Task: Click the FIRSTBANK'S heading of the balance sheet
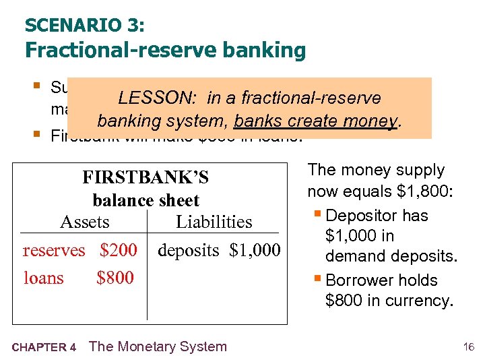pos(145,178)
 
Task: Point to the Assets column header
pos(85,222)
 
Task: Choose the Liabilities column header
pos(214,222)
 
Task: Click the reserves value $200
pos(118,251)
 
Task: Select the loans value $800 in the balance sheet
pos(115,278)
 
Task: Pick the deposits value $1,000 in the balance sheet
pos(255,251)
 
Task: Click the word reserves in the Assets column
pos(54,251)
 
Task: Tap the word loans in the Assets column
pos(44,278)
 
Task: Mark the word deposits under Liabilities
pos(189,251)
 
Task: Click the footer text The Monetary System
pos(158,346)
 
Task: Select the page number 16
pos(469,347)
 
